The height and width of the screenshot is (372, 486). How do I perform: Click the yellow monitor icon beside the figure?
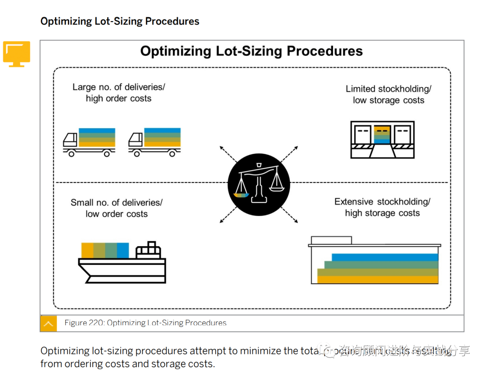pos(17,54)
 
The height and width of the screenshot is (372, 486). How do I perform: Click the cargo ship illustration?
pos(122,263)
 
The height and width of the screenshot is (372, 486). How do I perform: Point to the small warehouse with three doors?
pos(382,139)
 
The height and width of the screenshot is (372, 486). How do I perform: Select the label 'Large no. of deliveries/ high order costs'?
pos(118,93)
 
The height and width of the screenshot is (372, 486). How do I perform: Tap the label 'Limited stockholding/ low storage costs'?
pos(388,94)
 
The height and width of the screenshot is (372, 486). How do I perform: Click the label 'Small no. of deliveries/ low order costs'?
pos(117,208)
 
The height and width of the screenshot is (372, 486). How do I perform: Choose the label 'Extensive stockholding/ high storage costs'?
pos(382,207)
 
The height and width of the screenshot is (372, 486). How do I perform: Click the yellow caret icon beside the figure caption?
pos(49,323)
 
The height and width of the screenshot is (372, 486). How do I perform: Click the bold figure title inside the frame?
pos(251,51)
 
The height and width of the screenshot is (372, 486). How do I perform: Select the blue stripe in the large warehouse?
pos(385,257)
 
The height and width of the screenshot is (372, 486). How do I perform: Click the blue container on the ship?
pos(123,250)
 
